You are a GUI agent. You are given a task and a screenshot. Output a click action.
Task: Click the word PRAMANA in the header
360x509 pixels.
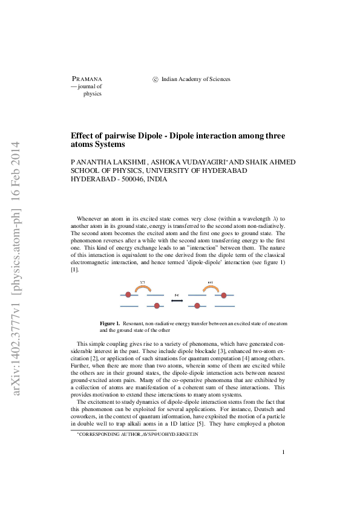[87, 79]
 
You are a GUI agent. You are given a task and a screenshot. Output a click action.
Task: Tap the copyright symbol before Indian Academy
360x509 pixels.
[155, 79]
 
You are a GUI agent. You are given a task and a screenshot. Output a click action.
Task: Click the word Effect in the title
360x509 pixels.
[82, 135]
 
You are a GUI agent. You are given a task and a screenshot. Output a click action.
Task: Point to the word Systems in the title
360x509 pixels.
[110, 145]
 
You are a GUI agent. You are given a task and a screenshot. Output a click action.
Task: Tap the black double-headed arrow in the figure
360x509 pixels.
[176, 300]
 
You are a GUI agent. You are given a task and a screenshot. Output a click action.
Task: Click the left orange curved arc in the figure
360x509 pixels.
[143, 289]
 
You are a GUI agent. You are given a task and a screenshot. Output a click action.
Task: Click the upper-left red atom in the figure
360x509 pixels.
[128, 295]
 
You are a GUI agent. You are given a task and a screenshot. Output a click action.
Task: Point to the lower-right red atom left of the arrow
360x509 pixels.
[157, 306]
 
